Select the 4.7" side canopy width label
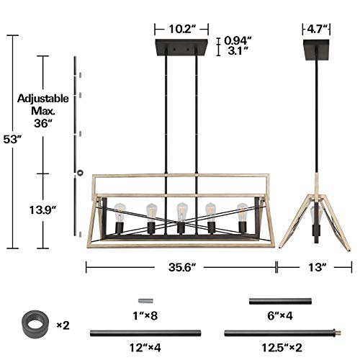pyautogui.click(x=315, y=30)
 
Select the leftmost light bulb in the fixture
pyautogui.click(x=120, y=212)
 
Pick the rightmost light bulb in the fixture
pyautogui.click(x=243, y=212)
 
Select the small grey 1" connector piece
pyautogui.click(x=144, y=300)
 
